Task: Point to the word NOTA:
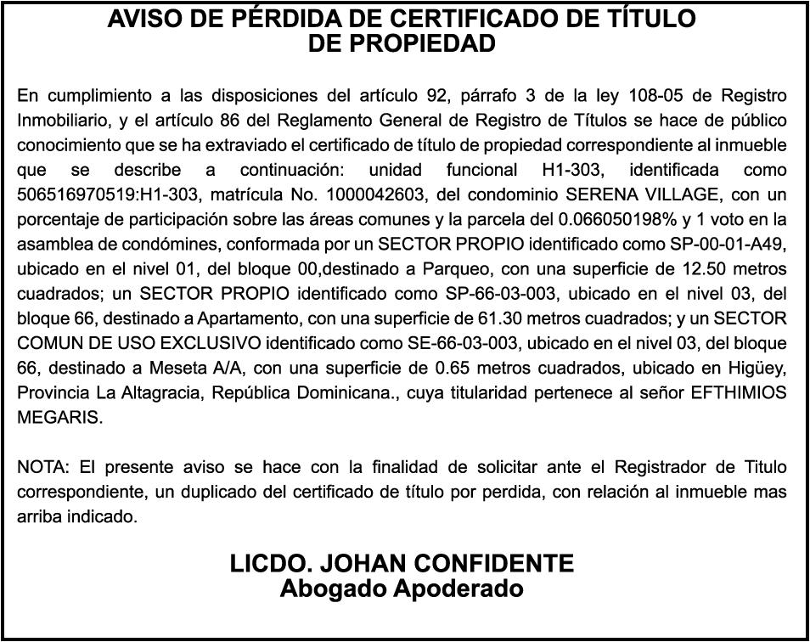[x=43, y=468]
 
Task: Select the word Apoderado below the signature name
[x=458, y=588]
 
